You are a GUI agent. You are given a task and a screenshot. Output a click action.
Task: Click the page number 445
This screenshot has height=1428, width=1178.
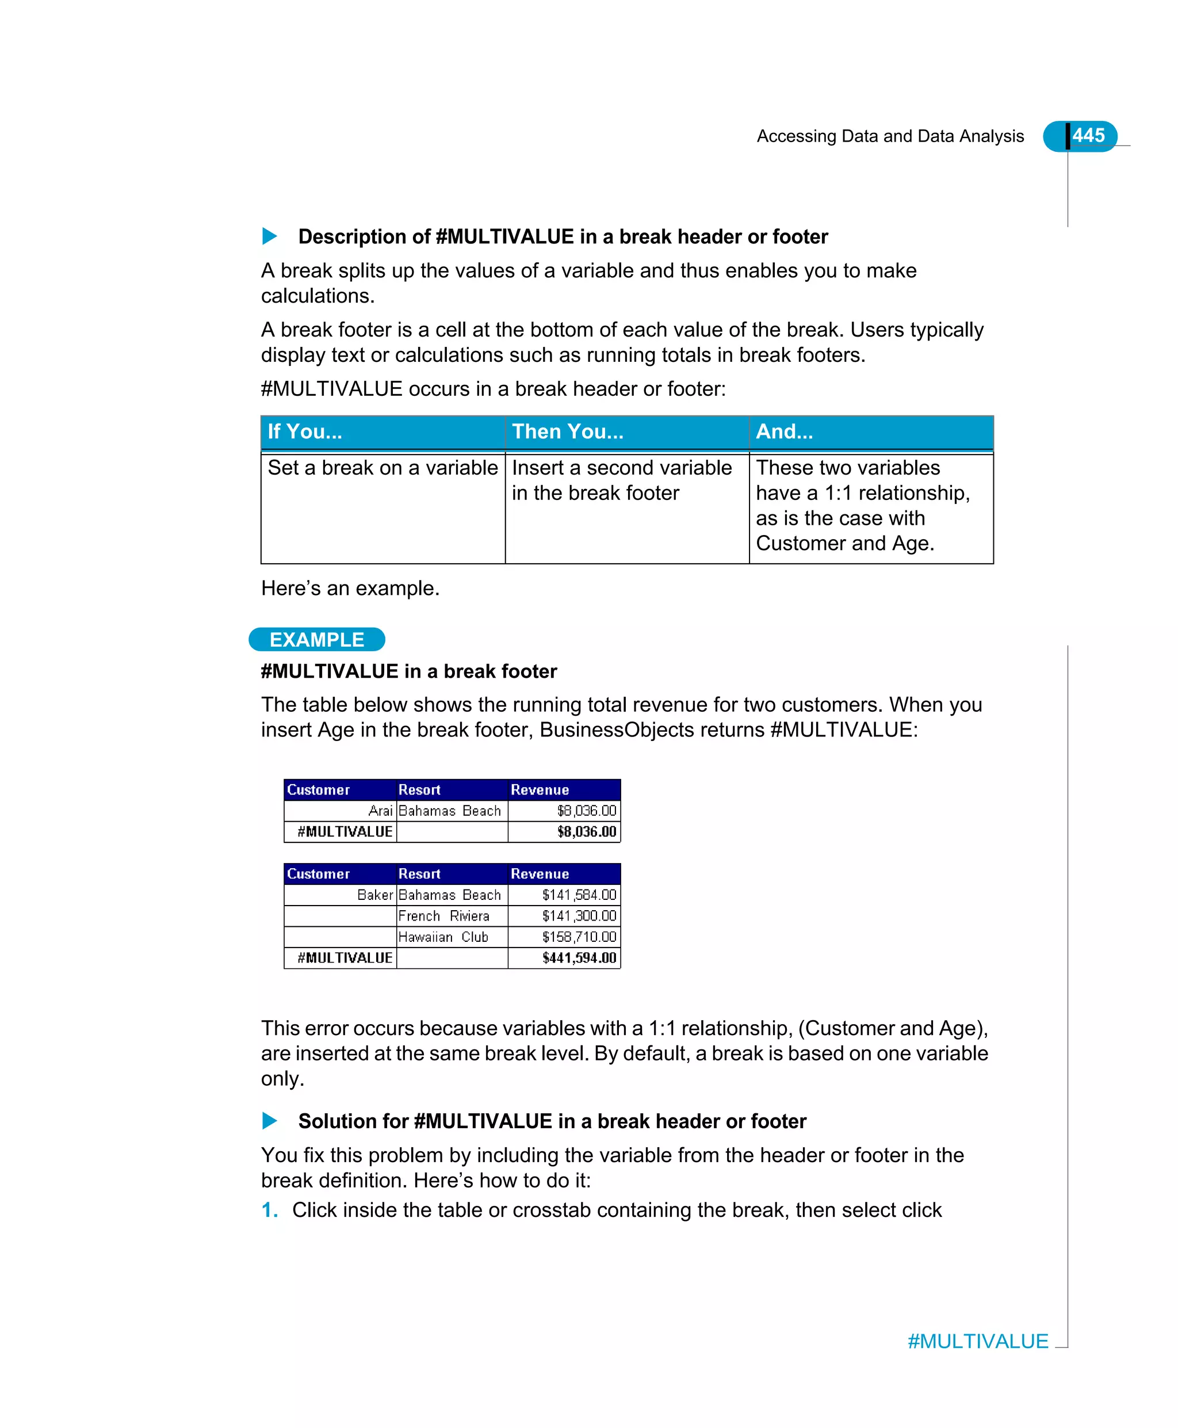(1088, 136)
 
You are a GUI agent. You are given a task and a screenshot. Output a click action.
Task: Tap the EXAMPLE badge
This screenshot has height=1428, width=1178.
(316, 639)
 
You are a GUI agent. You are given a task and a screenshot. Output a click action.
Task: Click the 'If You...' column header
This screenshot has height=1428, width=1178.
(305, 432)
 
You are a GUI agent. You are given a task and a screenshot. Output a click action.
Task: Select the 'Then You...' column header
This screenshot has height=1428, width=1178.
(567, 432)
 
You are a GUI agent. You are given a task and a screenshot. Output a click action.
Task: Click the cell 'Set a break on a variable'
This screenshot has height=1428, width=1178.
(383, 468)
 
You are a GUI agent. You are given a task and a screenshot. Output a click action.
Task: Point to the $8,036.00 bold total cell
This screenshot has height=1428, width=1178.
(586, 831)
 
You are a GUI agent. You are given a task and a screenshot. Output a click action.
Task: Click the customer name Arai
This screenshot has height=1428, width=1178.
(380, 811)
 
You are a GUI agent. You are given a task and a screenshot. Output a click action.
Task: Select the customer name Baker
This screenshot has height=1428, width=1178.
(374, 895)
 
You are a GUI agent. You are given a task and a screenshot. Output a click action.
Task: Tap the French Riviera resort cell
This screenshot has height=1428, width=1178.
(444, 915)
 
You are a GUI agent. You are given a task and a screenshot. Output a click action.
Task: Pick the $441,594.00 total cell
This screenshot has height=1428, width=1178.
(579, 957)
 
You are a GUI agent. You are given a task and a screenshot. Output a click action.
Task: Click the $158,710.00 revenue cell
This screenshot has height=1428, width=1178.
(579, 937)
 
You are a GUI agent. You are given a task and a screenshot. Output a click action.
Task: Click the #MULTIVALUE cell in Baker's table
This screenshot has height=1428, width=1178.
(345, 957)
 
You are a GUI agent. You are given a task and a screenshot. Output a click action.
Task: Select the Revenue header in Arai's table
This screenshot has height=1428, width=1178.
(540, 789)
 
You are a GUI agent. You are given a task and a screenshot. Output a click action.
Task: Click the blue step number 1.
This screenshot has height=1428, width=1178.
(269, 1209)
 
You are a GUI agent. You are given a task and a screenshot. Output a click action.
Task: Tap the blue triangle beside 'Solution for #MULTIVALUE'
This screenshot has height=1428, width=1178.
(269, 1121)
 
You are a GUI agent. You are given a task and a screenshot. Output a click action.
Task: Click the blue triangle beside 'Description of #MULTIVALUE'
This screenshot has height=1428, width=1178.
(269, 236)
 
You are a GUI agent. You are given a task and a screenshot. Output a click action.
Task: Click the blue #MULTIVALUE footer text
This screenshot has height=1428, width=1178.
(978, 1341)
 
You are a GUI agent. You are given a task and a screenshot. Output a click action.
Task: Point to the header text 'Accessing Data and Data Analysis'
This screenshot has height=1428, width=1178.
(890, 136)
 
